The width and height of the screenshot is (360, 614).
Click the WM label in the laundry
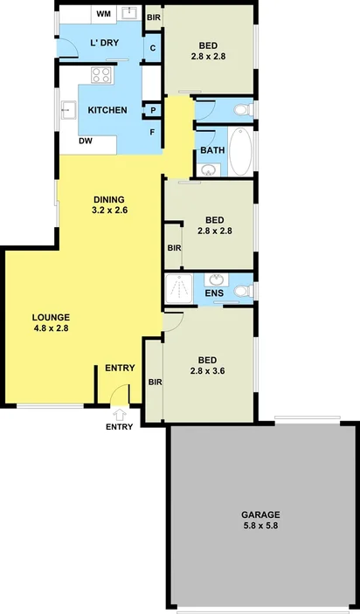(x=103, y=14)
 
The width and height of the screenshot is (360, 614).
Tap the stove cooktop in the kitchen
(x=101, y=76)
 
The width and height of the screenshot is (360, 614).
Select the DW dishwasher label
(x=87, y=141)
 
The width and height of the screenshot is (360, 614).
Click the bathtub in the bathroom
(x=240, y=150)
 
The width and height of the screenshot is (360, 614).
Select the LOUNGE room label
(x=51, y=316)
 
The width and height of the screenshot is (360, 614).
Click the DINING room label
(x=109, y=198)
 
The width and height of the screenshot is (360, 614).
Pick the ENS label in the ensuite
(x=214, y=293)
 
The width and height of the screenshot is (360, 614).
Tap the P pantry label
(x=153, y=110)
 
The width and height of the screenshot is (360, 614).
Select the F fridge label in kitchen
(x=153, y=132)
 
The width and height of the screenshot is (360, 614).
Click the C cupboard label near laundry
(x=153, y=49)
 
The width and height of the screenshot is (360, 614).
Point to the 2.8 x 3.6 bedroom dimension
(x=207, y=370)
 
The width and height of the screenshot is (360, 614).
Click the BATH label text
(x=212, y=149)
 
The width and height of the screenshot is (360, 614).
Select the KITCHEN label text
(x=108, y=110)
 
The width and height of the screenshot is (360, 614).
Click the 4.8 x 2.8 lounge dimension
(x=50, y=328)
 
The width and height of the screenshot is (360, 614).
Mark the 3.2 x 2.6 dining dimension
(x=110, y=210)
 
